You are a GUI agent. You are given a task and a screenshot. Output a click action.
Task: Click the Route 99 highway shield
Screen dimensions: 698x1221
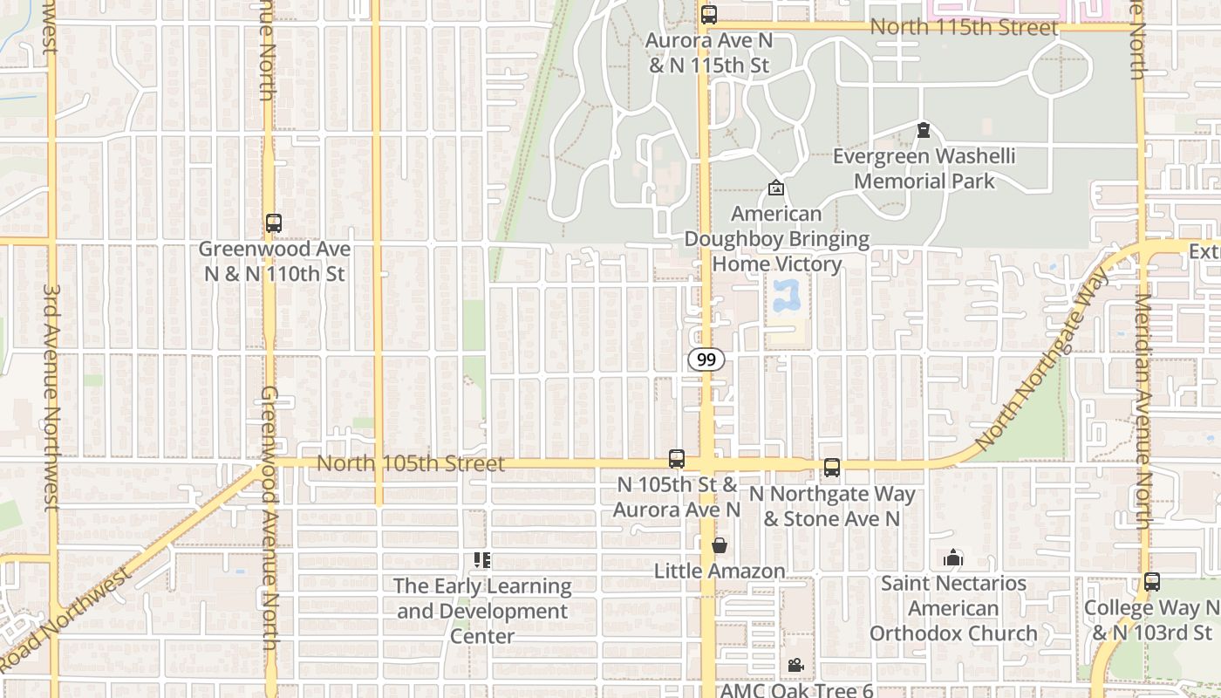tap(706, 359)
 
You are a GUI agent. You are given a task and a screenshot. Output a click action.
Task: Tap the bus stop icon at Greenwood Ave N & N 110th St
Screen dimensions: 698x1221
tap(274, 223)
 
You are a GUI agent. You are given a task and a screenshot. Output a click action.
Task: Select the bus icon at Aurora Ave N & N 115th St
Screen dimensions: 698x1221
tap(708, 15)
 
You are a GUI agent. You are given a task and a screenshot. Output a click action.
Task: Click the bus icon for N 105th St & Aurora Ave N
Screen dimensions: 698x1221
tap(677, 459)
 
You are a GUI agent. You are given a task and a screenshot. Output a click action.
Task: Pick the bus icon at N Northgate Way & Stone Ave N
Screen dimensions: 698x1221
tap(832, 468)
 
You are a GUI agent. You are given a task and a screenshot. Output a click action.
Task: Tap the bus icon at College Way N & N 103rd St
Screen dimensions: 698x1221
tap(1152, 582)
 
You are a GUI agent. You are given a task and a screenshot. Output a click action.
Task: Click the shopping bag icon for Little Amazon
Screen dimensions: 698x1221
tap(720, 546)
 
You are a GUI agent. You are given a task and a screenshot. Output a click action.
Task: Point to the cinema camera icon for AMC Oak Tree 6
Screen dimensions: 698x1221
tap(795, 666)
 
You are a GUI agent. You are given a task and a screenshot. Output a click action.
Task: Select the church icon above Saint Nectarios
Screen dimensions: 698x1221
tap(953, 558)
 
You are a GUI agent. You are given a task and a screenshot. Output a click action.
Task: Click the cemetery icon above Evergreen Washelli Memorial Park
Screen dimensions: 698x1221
tap(924, 131)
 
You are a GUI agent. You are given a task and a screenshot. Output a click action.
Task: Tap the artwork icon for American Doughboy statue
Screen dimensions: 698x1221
tap(775, 188)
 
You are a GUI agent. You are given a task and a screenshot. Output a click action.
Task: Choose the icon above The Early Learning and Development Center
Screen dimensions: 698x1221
tap(482, 560)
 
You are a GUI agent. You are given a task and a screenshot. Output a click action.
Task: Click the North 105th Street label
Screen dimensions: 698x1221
tap(410, 463)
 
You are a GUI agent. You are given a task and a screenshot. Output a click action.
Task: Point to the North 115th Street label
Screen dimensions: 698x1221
tap(964, 27)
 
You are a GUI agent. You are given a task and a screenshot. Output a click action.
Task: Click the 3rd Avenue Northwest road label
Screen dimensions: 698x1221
tap(51, 397)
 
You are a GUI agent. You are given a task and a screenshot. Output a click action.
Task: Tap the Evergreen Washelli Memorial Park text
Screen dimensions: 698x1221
tap(924, 169)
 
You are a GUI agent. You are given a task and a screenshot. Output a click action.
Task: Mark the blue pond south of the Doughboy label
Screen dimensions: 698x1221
tap(787, 297)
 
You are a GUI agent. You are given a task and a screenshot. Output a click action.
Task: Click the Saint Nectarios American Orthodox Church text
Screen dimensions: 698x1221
tap(953, 608)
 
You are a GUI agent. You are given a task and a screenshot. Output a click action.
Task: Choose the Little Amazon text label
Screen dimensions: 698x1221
tap(720, 571)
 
